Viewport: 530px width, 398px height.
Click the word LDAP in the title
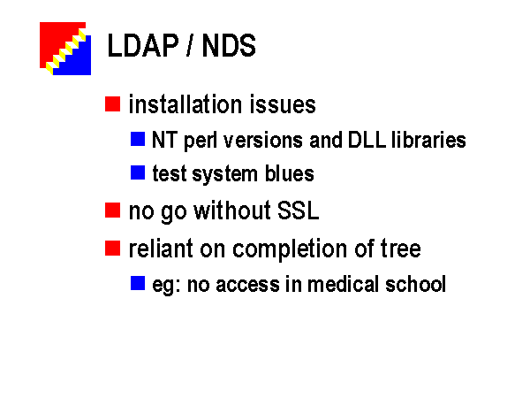coord(142,46)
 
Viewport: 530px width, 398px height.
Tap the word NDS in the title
coord(229,46)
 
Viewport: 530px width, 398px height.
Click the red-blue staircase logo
coord(65,49)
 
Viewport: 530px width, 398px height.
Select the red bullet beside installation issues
coord(112,103)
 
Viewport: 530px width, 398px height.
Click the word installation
coord(185,103)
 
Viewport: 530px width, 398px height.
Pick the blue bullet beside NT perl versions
coord(138,139)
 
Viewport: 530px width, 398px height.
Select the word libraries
coord(428,139)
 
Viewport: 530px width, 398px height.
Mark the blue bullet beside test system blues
coord(138,172)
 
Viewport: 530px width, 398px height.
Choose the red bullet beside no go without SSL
coord(112,210)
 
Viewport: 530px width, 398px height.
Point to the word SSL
coord(299,210)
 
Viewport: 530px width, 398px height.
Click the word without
coord(232,210)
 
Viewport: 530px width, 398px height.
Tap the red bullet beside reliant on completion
coord(112,248)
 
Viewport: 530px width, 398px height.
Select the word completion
coord(290,249)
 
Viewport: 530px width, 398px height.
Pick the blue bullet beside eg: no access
coord(138,283)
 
